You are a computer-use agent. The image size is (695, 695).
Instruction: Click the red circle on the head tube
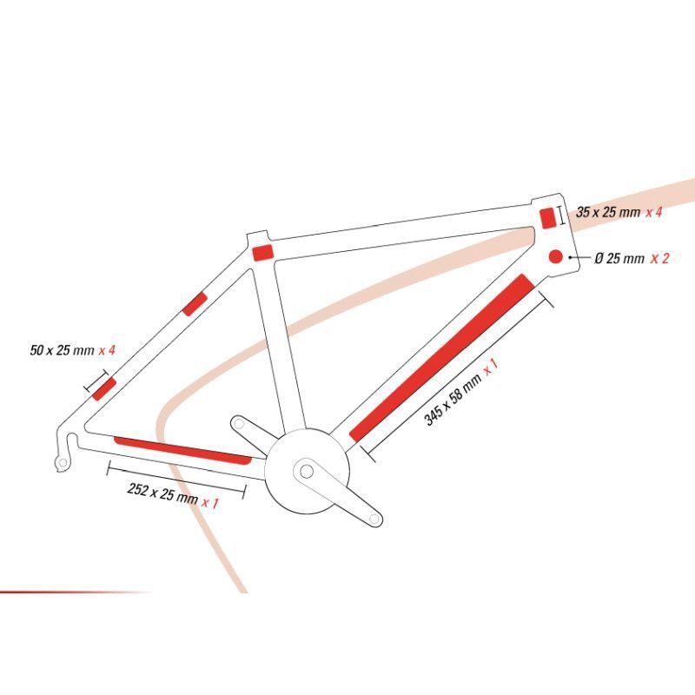pos(555,256)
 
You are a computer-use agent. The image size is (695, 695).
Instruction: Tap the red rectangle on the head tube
pos(547,218)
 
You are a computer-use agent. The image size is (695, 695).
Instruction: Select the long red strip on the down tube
pos(442,358)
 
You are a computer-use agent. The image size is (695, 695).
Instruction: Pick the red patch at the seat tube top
pos(263,252)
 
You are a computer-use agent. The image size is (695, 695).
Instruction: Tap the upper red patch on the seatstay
pos(195,304)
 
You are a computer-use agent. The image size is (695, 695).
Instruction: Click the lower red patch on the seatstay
pos(104,389)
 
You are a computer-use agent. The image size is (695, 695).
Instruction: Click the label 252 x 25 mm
pos(162,493)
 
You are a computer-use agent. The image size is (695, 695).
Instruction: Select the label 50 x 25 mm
pos(62,350)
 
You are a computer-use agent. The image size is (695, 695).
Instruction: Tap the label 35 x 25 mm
pos(608,212)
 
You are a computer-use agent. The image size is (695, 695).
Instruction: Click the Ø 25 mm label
pos(619,258)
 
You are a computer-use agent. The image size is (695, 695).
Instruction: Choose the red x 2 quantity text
pos(659,258)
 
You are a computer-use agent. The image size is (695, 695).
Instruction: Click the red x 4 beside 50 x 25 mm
pos(107,350)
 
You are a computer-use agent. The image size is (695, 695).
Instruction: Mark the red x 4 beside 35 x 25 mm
pos(654,212)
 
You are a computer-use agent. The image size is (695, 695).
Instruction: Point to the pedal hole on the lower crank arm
pos(374,518)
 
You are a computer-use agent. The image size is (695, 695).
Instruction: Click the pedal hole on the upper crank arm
pos(239,424)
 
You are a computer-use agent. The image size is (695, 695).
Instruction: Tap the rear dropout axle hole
pos(63,463)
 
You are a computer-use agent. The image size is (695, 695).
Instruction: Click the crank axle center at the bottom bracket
pos(307,471)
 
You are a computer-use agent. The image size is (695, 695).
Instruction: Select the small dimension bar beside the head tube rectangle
pos(562,215)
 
